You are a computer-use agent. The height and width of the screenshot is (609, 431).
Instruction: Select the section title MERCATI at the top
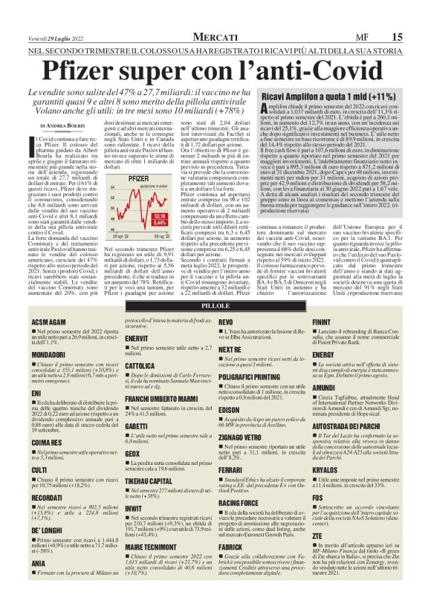click(215, 37)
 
